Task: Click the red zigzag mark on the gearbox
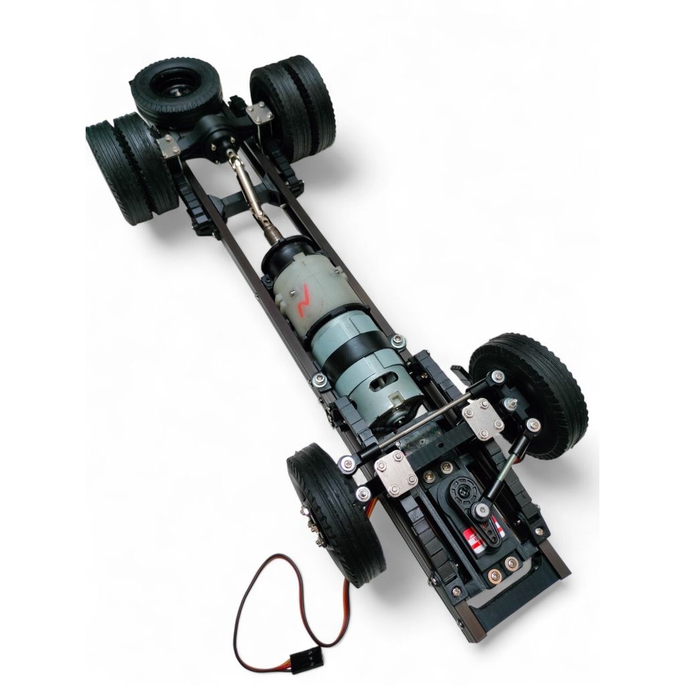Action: point(303,300)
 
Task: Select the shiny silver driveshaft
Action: point(248,191)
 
